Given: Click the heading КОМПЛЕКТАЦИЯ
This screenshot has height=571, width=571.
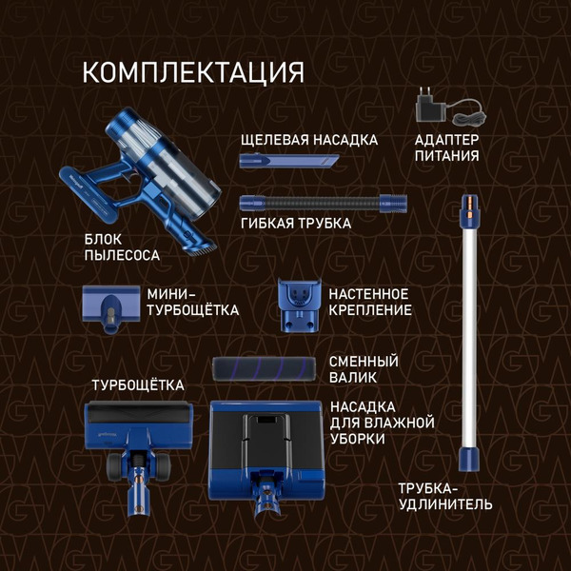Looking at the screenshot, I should (193, 72).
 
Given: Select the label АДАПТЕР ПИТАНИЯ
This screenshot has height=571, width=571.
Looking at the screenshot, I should (446, 148).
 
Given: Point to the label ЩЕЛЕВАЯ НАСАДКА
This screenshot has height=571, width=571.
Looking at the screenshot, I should (308, 140).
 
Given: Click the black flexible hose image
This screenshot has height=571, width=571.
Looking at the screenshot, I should (324, 201).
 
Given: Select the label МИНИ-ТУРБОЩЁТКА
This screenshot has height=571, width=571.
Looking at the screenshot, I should (192, 302).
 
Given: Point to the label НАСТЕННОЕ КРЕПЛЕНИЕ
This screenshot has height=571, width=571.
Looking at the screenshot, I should (369, 302).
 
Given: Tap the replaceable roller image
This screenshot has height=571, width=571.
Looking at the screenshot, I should (264, 369).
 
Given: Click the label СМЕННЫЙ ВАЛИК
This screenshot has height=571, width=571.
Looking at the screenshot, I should (363, 369).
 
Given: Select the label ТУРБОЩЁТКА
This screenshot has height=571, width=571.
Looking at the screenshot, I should (137, 384).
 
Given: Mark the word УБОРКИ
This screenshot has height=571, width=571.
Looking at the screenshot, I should (357, 439).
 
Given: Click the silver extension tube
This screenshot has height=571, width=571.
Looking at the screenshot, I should (467, 324).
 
